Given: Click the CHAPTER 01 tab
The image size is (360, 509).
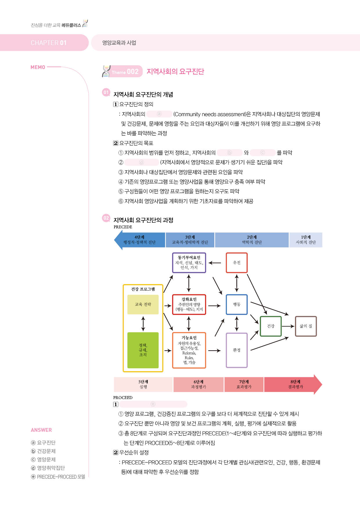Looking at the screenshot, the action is pyautogui.click(x=44, y=43).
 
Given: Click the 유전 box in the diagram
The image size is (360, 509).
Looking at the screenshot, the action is pyautogui.click(x=237, y=263).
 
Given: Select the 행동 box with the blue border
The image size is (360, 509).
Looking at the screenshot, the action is pyautogui.click(x=237, y=304).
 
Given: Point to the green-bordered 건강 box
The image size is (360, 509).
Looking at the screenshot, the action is pyautogui.click(x=271, y=326).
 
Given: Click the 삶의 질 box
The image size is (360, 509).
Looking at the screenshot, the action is pyautogui.click(x=306, y=326).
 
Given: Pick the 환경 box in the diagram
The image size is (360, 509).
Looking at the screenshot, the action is pyautogui.click(x=237, y=350).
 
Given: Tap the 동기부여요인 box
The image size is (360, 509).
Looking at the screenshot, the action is pyautogui.click(x=189, y=263).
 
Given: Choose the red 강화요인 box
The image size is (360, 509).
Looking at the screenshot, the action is pyautogui.click(x=189, y=304).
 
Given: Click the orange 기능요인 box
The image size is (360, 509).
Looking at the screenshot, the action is pyautogui.click(x=189, y=350).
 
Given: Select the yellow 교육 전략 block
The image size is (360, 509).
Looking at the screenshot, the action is pyautogui.click(x=143, y=304).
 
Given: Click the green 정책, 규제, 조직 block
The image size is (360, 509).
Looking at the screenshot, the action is pyautogui.click(x=143, y=350).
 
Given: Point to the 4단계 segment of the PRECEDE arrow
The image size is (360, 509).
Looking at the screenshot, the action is pyautogui.click(x=140, y=240).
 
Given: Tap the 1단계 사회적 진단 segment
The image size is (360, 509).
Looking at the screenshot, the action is pyautogui.click(x=306, y=240).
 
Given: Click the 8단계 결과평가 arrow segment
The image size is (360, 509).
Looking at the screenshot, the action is pyautogui.click(x=293, y=385).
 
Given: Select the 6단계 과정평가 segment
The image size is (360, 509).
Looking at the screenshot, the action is pyautogui.click(x=199, y=385).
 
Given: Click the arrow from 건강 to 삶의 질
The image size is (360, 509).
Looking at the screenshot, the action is pyautogui.click(x=288, y=326).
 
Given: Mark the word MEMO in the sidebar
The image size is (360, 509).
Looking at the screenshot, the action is pyautogui.click(x=38, y=67).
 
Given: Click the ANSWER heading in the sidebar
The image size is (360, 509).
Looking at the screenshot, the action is pyautogui.click(x=41, y=430).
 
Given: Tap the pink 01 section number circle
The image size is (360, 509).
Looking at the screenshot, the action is pyautogui.click(x=106, y=93).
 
